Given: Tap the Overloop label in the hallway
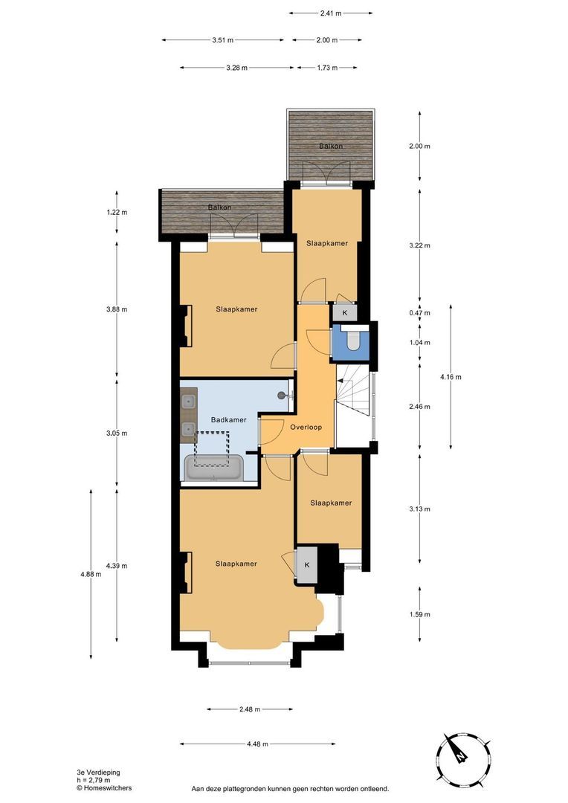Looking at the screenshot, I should click(x=306, y=428).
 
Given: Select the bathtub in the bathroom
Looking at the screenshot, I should click(x=213, y=468).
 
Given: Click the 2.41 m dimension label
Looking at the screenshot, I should click(x=331, y=13).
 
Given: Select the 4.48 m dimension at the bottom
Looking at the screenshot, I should click(x=256, y=744).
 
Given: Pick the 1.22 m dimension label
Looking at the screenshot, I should click(x=117, y=213).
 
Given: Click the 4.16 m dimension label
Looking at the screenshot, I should click(x=451, y=377).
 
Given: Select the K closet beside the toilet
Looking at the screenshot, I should click(x=344, y=314).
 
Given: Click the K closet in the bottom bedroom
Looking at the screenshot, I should click(x=306, y=565).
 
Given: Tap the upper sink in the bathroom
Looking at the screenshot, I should click(x=189, y=402).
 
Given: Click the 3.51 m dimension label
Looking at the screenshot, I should click(x=223, y=40).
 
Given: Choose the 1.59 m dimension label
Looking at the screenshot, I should click(x=420, y=614).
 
